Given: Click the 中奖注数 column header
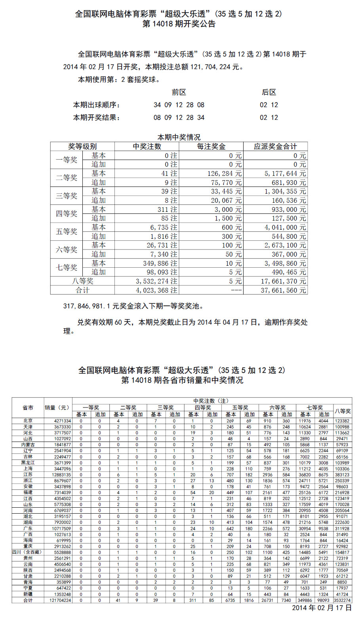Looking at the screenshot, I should (147, 147).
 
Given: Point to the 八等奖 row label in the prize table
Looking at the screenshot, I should (82, 281).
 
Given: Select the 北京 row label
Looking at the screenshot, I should (28, 421).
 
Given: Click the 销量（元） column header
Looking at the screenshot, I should (58, 407).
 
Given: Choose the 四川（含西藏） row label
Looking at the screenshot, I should (27, 552).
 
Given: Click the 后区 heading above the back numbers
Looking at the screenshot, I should (269, 92).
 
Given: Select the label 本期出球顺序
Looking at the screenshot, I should (96, 105).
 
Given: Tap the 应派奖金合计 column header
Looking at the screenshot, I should (275, 147).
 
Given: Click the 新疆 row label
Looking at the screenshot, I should (28, 594).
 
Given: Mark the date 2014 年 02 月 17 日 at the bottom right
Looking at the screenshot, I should (322, 608).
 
